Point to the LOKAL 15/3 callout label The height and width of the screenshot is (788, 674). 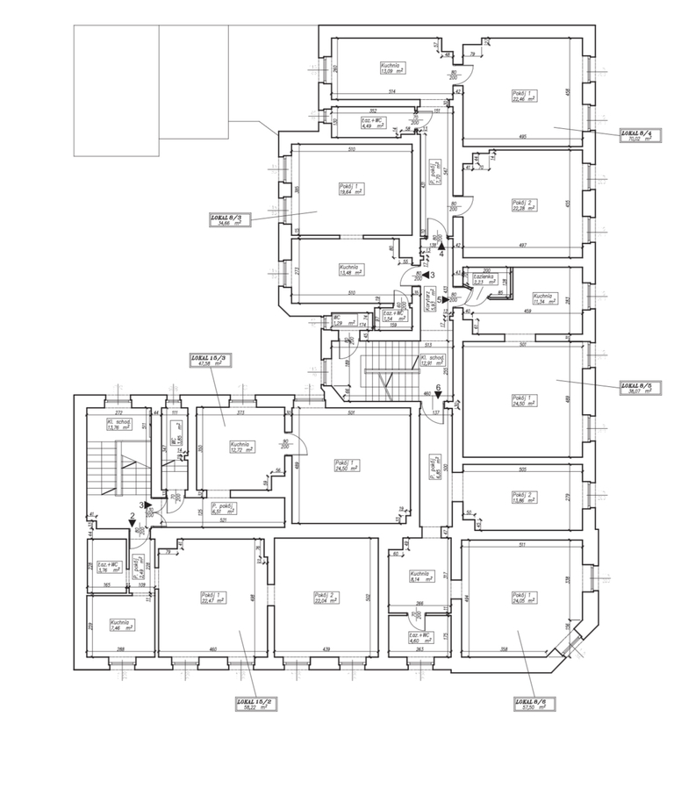[211, 362]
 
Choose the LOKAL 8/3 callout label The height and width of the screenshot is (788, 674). [229, 219]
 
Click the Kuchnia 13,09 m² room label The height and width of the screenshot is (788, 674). [391, 68]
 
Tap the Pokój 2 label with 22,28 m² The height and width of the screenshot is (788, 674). [523, 205]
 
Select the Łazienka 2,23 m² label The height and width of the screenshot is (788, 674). [485, 281]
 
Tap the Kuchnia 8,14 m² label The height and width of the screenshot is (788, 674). [419, 577]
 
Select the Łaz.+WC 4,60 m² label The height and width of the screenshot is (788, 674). [419, 638]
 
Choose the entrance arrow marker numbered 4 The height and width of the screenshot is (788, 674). [441, 247]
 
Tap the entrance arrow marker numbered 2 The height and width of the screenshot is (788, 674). [133, 520]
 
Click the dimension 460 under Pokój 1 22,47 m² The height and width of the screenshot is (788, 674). [212, 649]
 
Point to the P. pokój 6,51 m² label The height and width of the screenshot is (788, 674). [221, 510]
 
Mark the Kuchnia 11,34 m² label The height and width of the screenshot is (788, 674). [544, 299]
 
